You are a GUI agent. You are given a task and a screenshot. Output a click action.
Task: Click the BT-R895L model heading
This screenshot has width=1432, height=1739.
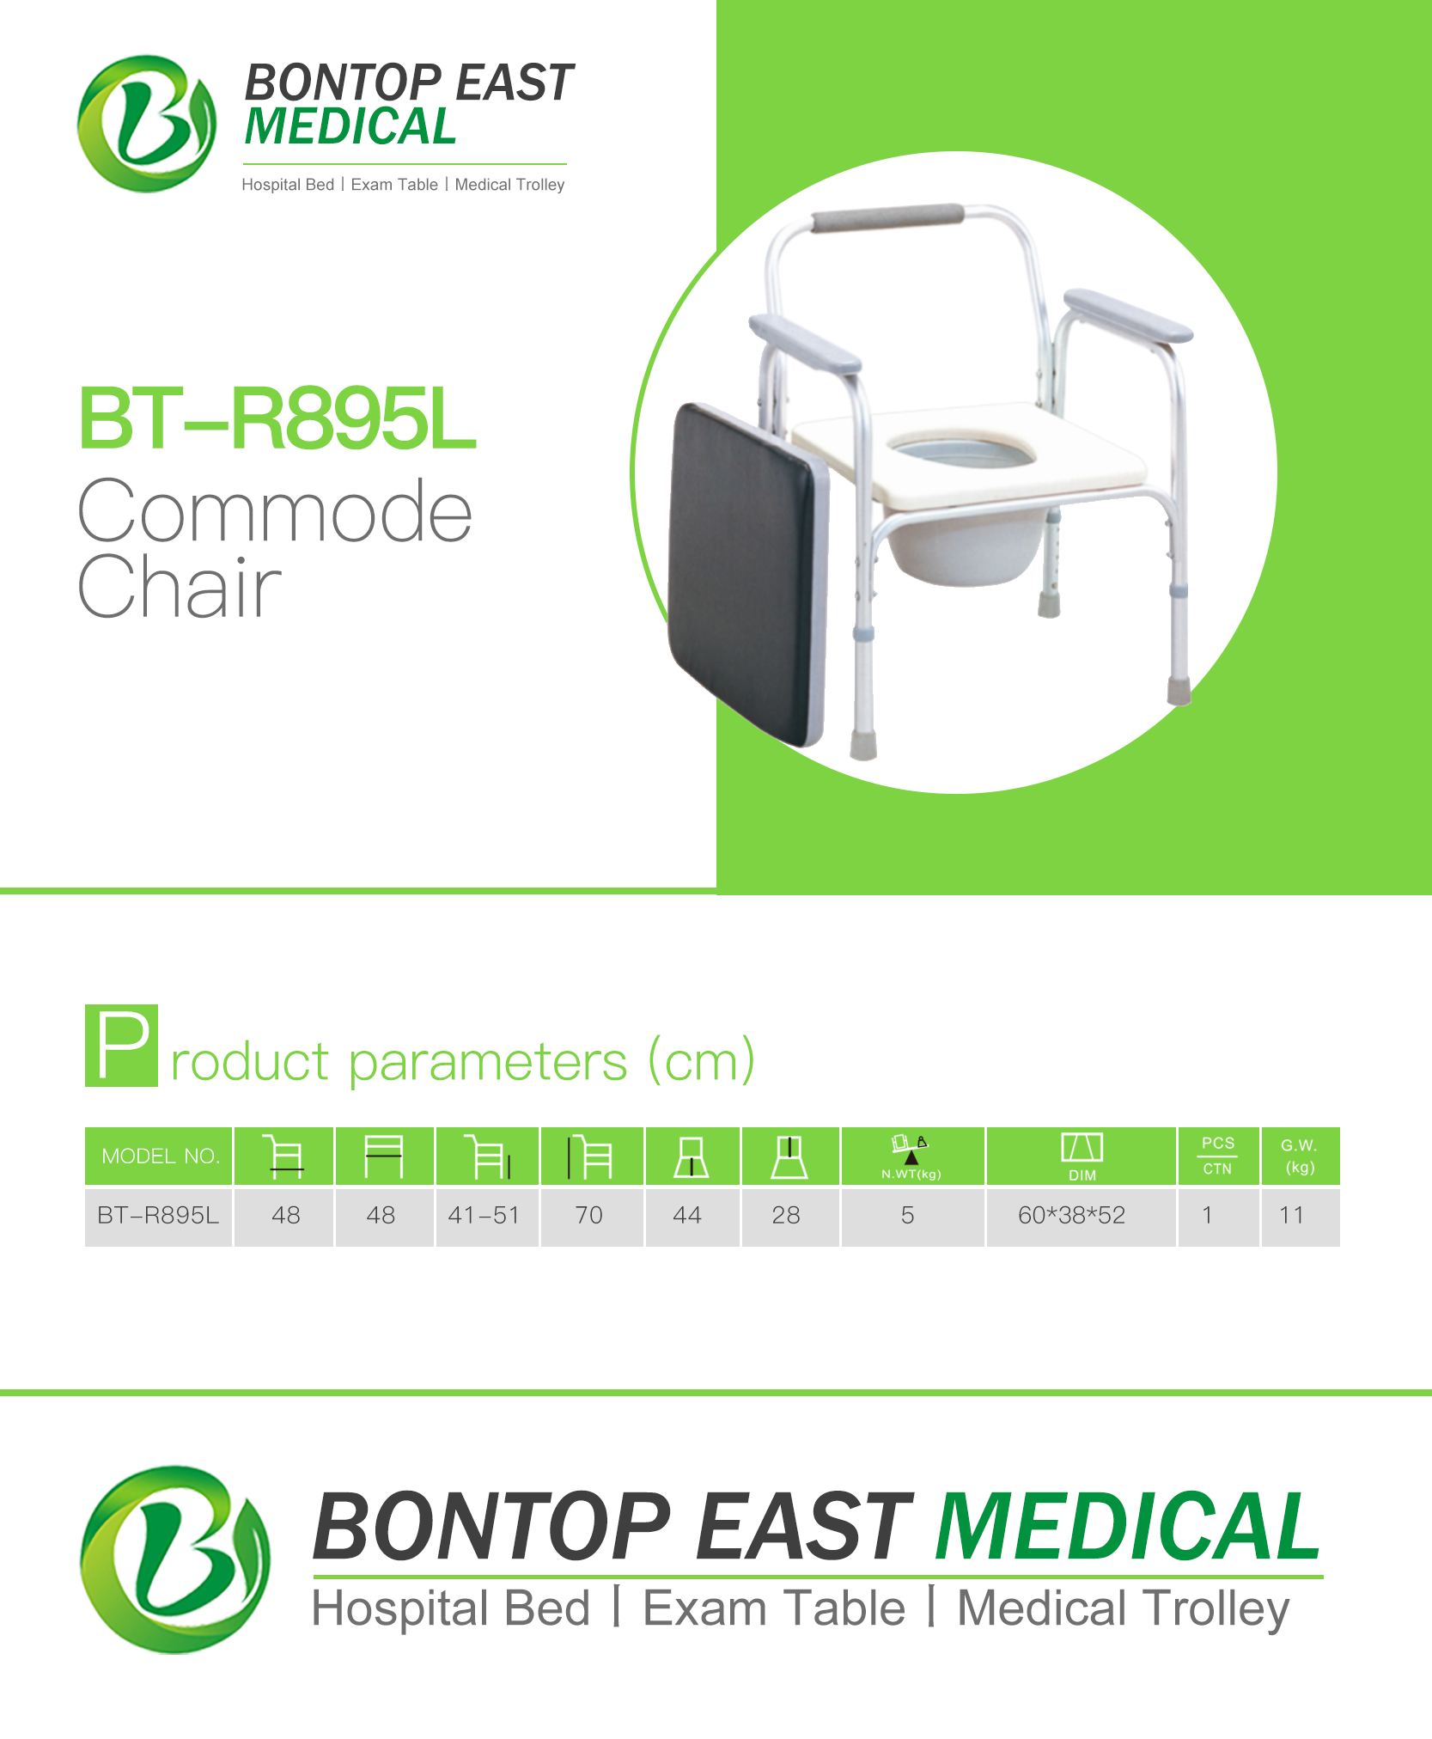click(277, 418)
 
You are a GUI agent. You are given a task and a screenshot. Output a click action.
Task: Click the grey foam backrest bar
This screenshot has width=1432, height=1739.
click(887, 217)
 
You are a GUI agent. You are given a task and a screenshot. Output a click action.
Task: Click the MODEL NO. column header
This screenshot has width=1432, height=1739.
click(159, 1156)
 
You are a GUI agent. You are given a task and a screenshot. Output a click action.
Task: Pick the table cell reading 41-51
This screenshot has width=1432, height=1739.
click(484, 1215)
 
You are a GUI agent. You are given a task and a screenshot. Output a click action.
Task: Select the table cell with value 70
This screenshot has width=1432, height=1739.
click(589, 1215)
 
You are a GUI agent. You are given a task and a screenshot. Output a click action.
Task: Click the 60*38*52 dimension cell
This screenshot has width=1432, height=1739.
click(1072, 1215)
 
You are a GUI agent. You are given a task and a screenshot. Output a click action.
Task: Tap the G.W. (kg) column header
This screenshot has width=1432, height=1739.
click(1300, 1156)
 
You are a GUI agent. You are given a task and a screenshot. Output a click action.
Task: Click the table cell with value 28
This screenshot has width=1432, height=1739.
click(786, 1215)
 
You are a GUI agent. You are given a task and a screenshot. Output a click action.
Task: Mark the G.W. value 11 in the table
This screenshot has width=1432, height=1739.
click(1292, 1215)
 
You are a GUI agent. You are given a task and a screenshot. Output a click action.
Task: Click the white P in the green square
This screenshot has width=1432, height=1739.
click(122, 1045)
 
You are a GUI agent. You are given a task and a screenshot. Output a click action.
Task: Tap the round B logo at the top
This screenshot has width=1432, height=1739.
click(147, 124)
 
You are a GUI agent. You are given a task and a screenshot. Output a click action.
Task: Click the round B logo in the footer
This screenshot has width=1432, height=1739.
click(175, 1559)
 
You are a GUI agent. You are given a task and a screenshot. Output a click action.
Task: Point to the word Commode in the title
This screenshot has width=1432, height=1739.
click(275, 512)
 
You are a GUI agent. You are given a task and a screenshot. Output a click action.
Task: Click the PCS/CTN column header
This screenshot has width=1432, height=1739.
click(1217, 1156)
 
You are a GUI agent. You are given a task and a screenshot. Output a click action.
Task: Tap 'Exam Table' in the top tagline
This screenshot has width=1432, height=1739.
click(394, 185)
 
